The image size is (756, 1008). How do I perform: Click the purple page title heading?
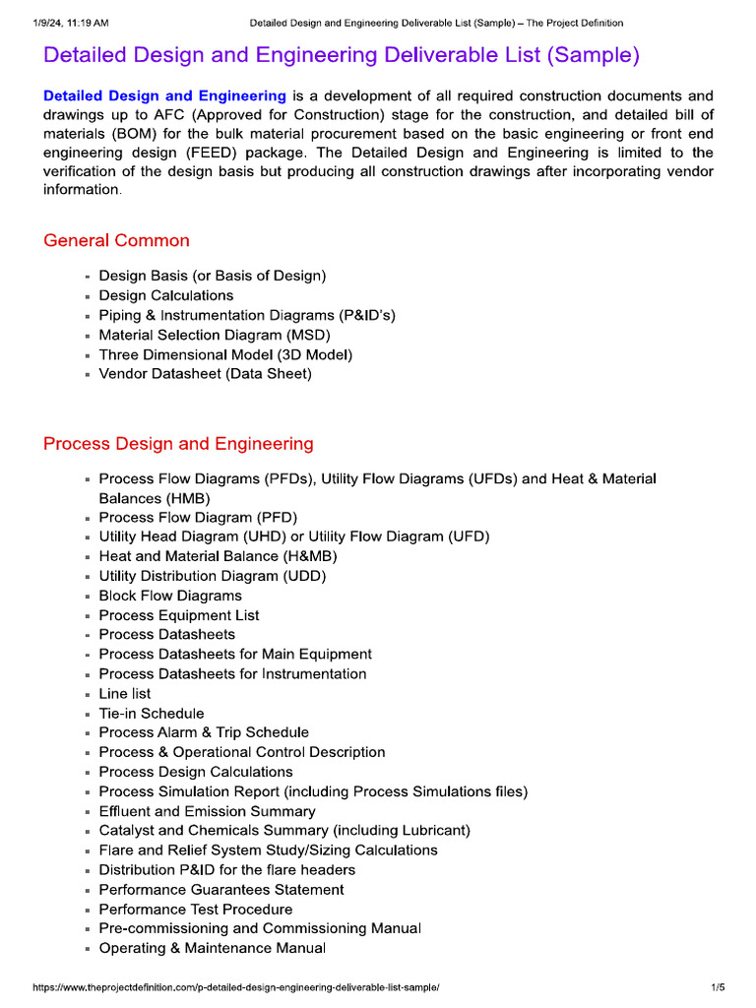click(342, 56)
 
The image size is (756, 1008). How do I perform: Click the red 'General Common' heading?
click(116, 241)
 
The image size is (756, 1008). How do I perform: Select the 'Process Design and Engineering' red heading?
click(178, 444)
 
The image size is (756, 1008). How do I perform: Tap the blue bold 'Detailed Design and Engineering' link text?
click(164, 96)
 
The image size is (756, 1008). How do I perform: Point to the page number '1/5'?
click(718, 986)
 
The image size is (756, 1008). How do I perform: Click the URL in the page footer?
click(235, 986)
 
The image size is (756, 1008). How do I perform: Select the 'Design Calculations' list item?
click(165, 295)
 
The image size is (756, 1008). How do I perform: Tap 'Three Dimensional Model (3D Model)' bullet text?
click(225, 354)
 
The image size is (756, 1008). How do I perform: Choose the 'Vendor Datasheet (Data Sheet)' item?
click(205, 374)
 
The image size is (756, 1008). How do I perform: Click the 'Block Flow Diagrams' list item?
click(169, 596)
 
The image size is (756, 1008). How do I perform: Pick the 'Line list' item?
click(125, 694)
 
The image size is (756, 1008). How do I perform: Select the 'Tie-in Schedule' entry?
click(152, 714)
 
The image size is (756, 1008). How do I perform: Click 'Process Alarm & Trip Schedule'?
click(204, 732)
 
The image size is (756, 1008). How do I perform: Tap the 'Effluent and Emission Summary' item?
click(207, 811)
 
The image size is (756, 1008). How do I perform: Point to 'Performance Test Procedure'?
click(195, 910)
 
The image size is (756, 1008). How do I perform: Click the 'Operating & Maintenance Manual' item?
click(212, 948)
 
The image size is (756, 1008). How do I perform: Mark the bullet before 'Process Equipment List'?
click(88, 616)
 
